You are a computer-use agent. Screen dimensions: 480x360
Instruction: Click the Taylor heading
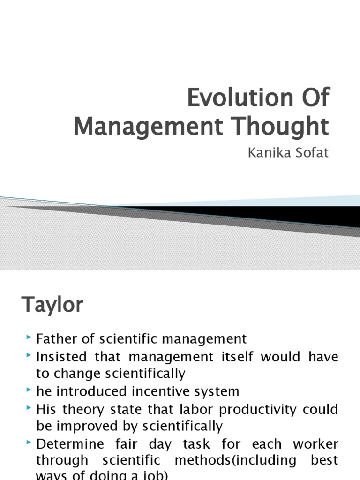(52, 305)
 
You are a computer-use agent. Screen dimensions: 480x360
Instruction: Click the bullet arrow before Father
(30, 337)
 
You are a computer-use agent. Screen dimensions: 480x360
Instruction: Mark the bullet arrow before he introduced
(30, 390)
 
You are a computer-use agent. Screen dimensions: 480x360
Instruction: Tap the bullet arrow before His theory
(30, 408)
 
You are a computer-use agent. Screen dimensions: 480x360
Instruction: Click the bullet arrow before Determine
(30, 443)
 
